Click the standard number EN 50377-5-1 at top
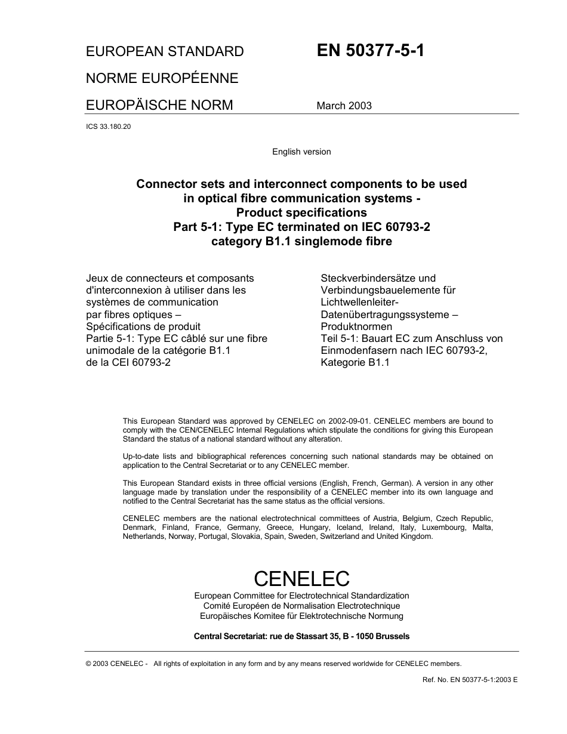pyautogui.click(x=371, y=50)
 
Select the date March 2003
pyautogui.click(x=344, y=106)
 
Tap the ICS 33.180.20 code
pyautogui.click(x=108, y=127)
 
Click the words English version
pyautogui.click(x=301, y=152)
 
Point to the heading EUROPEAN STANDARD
pyautogui.click(x=165, y=51)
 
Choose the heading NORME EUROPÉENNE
pyautogui.click(x=162, y=78)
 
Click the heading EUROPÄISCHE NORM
pyautogui.click(x=159, y=105)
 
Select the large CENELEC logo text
pyautogui.click(x=301, y=578)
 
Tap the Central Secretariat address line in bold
pyautogui.click(x=301, y=636)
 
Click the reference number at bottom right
pyautogui.click(x=470, y=680)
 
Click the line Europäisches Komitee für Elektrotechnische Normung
pyautogui.click(x=301, y=616)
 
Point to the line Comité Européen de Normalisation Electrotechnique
pyautogui.click(x=301, y=606)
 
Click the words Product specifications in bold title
pyautogui.click(x=301, y=212)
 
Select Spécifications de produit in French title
pyautogui.click(x=143, y=326)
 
